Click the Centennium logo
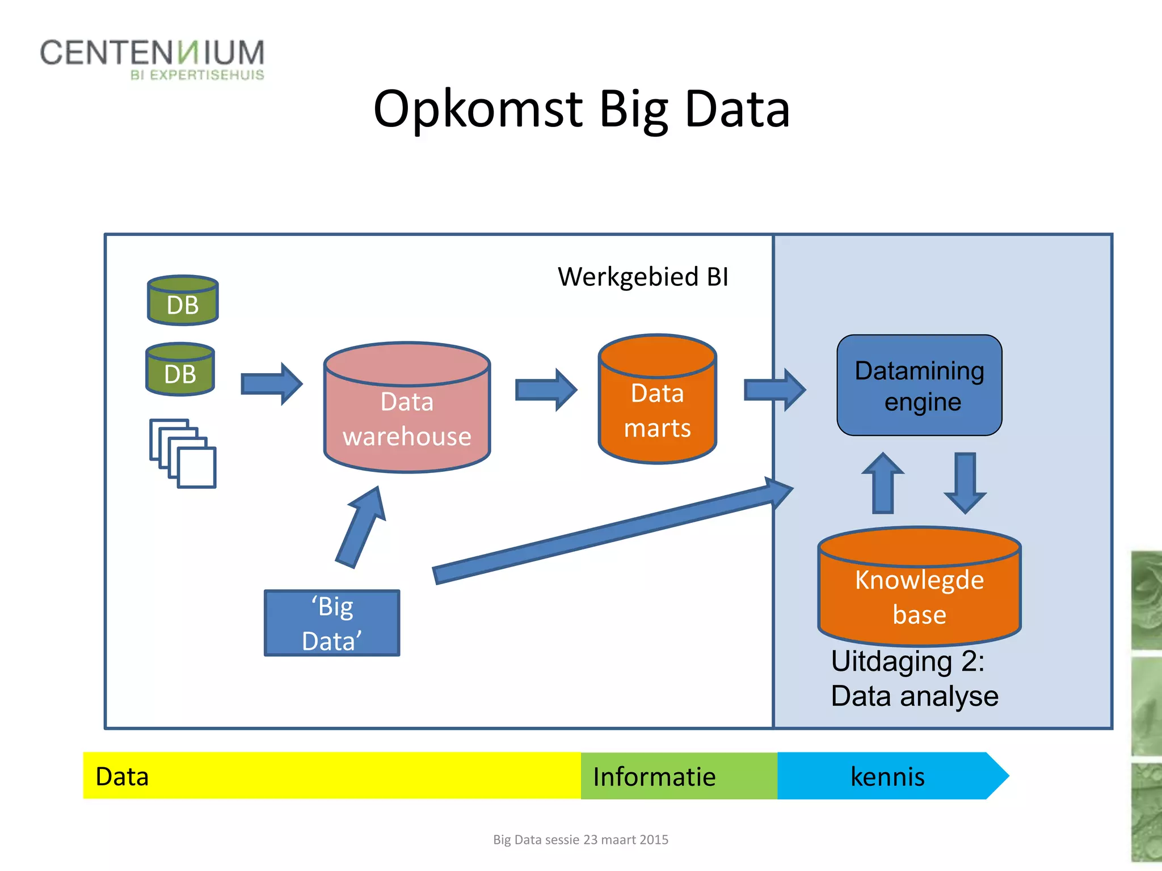[x=152, y=59]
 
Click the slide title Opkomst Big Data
[x=582, y=109]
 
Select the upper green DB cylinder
[x=183, y=301]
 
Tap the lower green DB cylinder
[x=180, y=370]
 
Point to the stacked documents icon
[x=183, y=454]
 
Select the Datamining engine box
[x=919, y=386]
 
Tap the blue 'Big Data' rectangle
[x=332, y=623]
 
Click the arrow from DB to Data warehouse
[x=271, y=384]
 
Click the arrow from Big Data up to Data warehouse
[x=361, y=527]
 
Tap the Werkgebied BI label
[x=643, y=277]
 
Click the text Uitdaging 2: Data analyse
[x=913, y=679]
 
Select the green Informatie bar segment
[x=678, y=776]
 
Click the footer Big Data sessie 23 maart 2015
[x=580, y=840]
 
